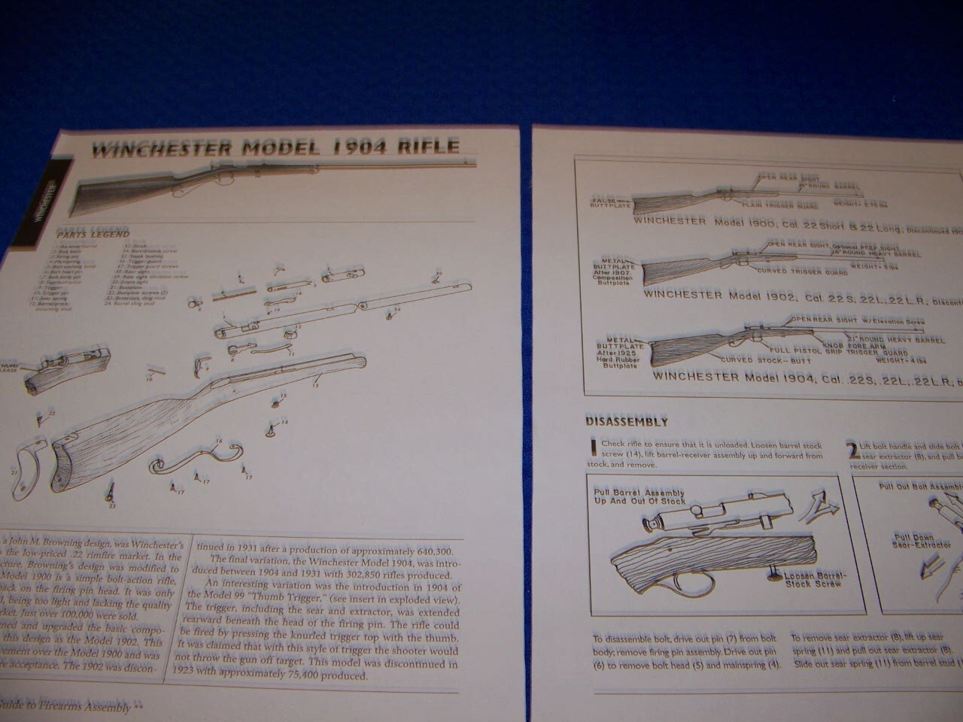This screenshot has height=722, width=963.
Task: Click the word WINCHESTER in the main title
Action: point(159,149)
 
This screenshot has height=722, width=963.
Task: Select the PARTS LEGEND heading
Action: point(93,234)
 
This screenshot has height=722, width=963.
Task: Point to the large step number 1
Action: point(594,448)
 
